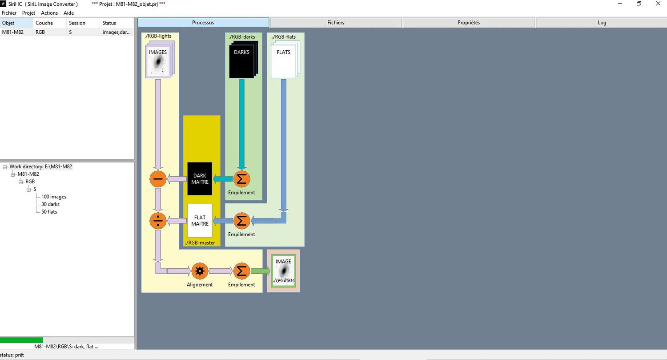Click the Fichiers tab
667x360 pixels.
coord(336,23)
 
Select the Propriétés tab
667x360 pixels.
coord(469,23)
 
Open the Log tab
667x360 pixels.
coord(602,23)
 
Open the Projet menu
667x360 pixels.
coord(28,13)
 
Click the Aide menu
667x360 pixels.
coord(68,13)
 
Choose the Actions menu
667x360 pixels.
coord(49,13)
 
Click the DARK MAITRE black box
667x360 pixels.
coord(200,179)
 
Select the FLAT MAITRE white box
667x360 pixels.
coord(200,221)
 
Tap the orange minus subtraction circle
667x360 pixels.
coord(158,179)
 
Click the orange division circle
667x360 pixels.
coord(158,221)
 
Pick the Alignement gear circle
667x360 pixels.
coord(200,271)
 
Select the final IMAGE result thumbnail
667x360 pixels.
coord(284,271)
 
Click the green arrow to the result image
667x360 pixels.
coord(260,271)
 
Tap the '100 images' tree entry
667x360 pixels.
coord(54,197)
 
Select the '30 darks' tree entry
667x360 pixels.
coord(50,204)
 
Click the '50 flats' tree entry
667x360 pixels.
coord(49,212)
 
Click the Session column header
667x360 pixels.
coord(77,23)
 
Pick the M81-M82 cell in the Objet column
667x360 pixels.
coord(13,32)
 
